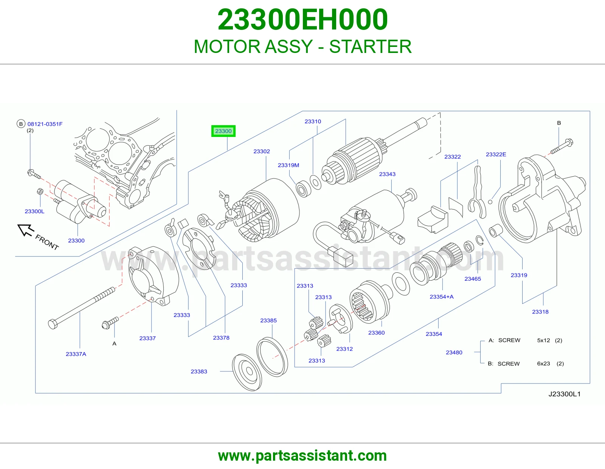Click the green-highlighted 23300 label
point(223,131)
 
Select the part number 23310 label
point(313,121)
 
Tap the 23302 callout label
point(261,151)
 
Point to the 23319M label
point(289,165)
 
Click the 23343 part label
point(387,174)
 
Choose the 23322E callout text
point(496,154)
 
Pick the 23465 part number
point(473,279)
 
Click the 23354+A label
point(442,297)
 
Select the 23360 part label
point(376,333)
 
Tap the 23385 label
point(268,321)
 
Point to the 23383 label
point(199,371)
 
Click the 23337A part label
point(76,354)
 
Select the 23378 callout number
point(221,338)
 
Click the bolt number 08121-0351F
point(45,124)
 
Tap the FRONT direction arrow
point(26,230)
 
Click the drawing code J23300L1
point(564,394)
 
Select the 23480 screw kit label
point(454,353)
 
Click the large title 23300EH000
point(302,19)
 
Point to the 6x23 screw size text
point(543,364)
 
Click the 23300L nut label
point(34,211)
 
